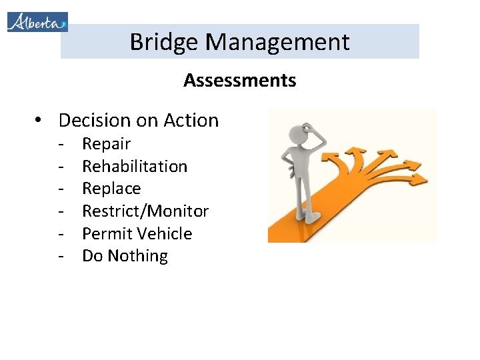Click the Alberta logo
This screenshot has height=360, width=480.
37,21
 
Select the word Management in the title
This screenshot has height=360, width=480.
277,42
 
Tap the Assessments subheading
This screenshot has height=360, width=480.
240,81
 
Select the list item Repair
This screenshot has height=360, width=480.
106,144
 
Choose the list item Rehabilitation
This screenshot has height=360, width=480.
135,166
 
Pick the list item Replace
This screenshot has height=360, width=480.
111,189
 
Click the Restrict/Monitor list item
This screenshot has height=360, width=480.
145,211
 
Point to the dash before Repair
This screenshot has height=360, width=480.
61,144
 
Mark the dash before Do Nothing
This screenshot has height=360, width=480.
61,256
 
